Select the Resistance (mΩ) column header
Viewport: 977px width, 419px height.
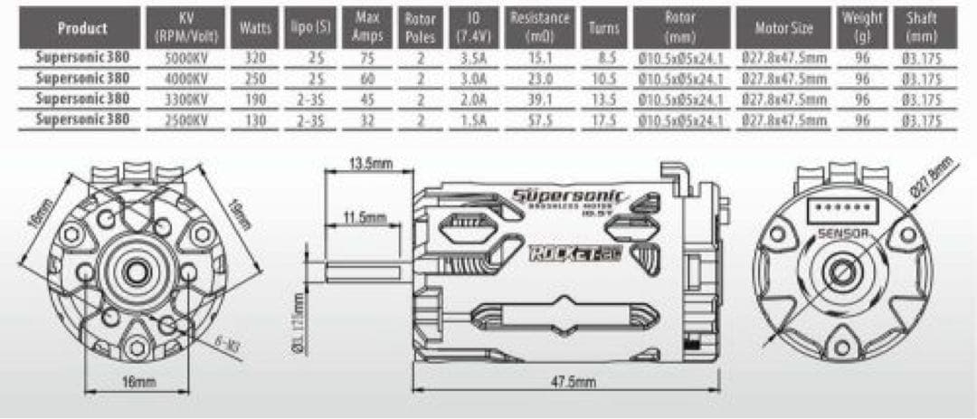[x=540, y=27]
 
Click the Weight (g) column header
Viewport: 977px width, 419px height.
[x=862, y=27]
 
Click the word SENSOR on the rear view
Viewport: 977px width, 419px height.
[x=843, y=233]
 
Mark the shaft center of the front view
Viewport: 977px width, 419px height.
[x=138, y=270]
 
